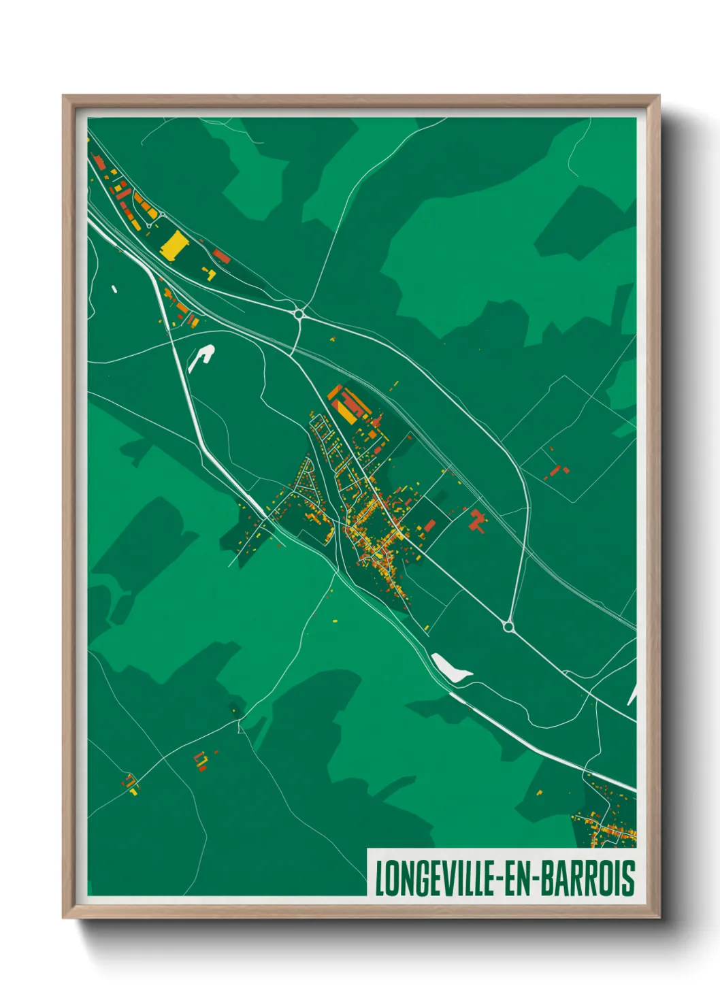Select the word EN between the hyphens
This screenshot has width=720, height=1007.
click(x=522, y=878)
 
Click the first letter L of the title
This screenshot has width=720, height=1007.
click(x=380, y=878)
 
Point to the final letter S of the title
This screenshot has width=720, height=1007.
click(x=629, y=878)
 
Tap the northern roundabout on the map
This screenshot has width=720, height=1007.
click(x=298, y=314)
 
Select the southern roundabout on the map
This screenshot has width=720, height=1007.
click(x=508, y=625)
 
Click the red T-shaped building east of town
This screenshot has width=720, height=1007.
click(x=477, y=521)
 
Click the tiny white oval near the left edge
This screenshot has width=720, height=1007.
click(x=114, y=289)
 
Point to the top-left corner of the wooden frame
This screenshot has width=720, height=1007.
click(x=64, y=97)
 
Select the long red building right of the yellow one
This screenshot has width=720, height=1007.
click(x=222, y=257)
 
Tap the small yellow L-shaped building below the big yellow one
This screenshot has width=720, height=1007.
click(x=210, y=274)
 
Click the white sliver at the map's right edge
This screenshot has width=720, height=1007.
click(x=632, y=694)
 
